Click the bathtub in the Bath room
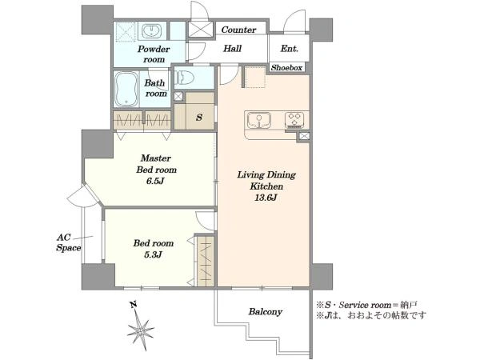coord(126,90)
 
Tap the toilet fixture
coord(185,78)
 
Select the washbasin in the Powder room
coord(151,30)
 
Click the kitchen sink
coord(259,120)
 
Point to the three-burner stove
coord(294,120)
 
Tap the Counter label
coord(238,30)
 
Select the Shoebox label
coord(286,68)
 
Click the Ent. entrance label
coord(290,49)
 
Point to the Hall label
coord(232,48)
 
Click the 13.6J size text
coord(266,198)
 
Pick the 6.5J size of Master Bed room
coord(155,182)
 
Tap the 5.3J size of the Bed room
coord(153,254)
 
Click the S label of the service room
coord(199,117)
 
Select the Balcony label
coord(265,312)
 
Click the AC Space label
coord(69,242)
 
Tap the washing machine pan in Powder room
coord(126,32)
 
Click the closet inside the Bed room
coord(205,260)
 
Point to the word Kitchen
coord(266,186)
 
